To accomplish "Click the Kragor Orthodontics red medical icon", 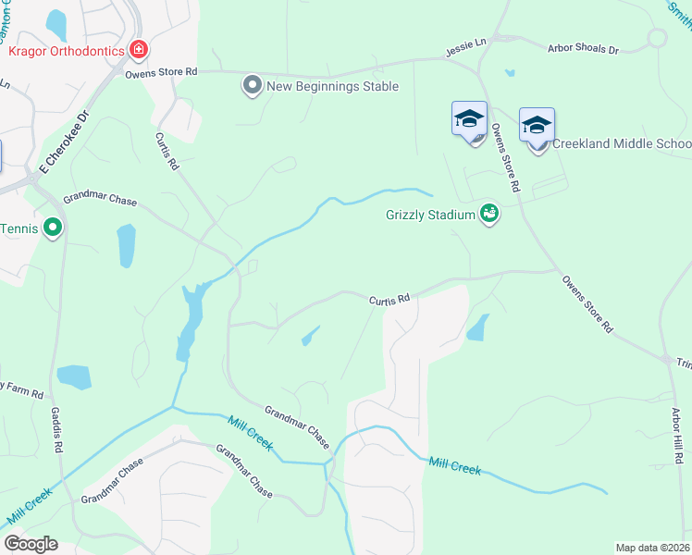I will (140, 49).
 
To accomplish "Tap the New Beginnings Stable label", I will (332, 86).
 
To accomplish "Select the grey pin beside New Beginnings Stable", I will (252, 86).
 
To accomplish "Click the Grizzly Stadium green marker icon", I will (489, 215).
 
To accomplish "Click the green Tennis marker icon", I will (53, 227).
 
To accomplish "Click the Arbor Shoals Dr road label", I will (583, 47).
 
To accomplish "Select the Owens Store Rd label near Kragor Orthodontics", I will (162, 70).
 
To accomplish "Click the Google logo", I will (31, 544).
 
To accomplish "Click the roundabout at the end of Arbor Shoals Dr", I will (657, 38).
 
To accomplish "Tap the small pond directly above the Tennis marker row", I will (126, 245).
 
